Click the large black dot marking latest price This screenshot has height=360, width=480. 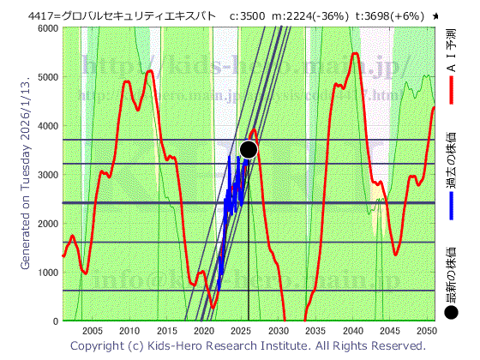tap(249, 149)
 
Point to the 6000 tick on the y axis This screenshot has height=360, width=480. tap(48, 28)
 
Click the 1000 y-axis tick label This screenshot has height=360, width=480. tap(48, 273)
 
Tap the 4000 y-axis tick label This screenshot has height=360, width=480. tap(48, 126)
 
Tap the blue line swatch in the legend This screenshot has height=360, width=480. tap(451, 205)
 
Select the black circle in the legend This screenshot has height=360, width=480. tap(452, 312)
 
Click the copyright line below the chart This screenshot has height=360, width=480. tap(247, 345)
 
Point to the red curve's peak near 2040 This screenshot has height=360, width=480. tap(355, 54)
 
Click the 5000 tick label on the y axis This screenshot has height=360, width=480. tap(48, 77)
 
